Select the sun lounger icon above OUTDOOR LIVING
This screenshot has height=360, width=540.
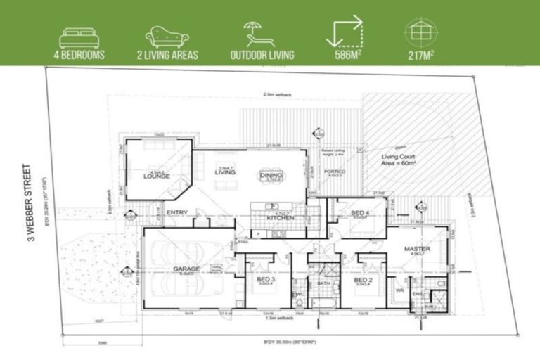click(262, 33)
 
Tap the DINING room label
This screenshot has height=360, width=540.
click(270, 176)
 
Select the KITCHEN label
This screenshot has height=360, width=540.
click(280, 218)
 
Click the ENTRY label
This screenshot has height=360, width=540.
click(177, 212)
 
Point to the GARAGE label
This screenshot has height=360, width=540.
click(186, 269)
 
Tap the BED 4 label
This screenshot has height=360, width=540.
click(359, 212)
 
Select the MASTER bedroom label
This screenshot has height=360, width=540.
click(417, 249)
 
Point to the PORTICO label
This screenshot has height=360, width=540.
click(332, 170)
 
